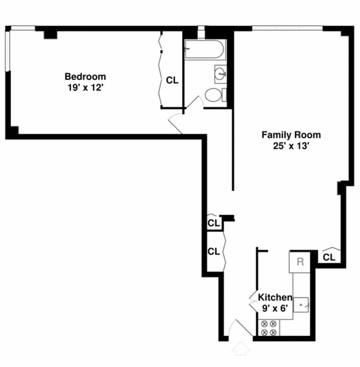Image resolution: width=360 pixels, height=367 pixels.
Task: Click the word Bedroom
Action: coord(85,76)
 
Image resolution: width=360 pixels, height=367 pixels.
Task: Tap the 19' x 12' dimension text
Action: coord(85,88)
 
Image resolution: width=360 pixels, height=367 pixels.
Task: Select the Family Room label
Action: coord(291,135)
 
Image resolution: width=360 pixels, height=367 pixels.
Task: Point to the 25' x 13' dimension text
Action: coord(291,146)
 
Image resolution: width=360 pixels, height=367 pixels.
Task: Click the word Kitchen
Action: coord(275,297)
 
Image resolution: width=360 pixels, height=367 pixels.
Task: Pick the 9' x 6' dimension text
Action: coord(275,308)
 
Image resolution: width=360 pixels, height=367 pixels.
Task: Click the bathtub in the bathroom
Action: coord(205,49)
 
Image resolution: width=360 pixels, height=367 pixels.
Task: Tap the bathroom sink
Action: coord(220,74)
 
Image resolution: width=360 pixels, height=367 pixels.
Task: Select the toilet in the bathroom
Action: coord(216,95)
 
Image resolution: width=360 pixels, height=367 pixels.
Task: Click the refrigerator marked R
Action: coord(300,262)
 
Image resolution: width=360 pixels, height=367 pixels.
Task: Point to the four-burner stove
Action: coord(269,328)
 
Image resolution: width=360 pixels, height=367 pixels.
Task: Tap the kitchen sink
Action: coord(301,305)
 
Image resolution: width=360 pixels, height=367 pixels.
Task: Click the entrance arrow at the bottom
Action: coord(241,348)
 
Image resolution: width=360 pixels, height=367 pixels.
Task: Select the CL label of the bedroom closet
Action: coord(172,80)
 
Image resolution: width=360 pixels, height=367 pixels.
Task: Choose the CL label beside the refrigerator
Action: coord(329,258)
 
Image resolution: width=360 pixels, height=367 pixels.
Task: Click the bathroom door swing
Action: coord(194,102)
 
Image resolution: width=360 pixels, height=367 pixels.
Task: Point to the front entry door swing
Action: coord(241,328)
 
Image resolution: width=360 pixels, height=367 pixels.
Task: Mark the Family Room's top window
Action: coord(287,28)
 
